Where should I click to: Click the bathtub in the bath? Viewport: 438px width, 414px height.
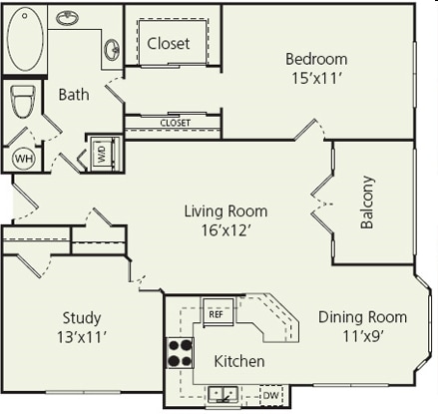pyautogui.click(x=26, y=39)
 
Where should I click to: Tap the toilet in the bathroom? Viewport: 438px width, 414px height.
pyautogui.click(x=22, y=101)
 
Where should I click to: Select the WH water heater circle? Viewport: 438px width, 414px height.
pyautogui.click(x=22, y=158)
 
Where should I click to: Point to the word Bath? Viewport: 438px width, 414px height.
pyautogui.click(x=74, y=96)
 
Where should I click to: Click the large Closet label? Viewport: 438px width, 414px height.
pyautogui.click(x=169, y=44)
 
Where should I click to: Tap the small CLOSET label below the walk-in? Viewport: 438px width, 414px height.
pyautogui.click(x=175, y=123)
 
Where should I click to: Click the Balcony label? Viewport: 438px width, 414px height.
pyautogui.click(x=366, y=203)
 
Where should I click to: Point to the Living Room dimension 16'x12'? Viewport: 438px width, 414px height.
pyautogui.click(x=224, y=229)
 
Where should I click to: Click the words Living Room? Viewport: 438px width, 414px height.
pyautogui.click(x=224, y=210)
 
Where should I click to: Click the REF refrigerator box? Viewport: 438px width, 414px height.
pyautogui.click(x=216, y=313)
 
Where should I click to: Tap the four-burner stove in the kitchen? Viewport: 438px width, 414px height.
pyautogui.click(x=180, y=352)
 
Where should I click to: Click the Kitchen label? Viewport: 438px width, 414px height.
pyautogui.click(x=239, y=361)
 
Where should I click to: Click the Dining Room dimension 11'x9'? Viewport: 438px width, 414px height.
pyautogui.click(x=362, y=336)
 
